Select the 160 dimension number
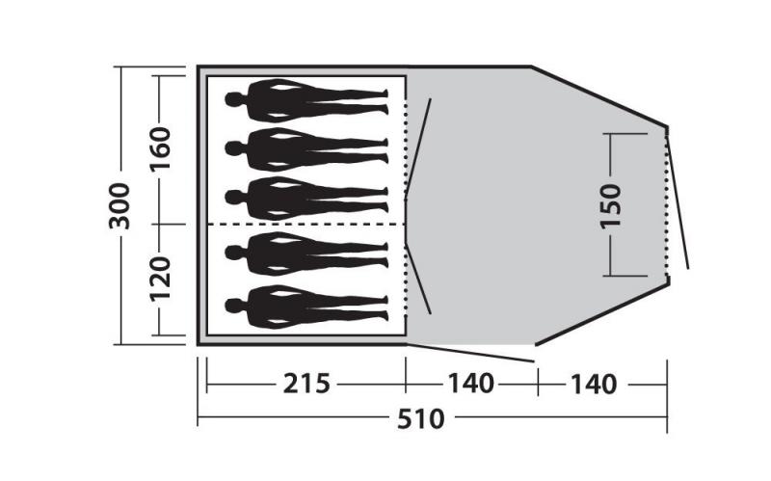pyautogui.click(x=160, y=147)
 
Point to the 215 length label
pyautogui.click(x=306, y=385)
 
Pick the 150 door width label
pyautogui.click(x=611, y=204)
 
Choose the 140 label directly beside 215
pyautogui.click(x=470, y=385)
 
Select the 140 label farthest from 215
pyautogui.click(x=593, y=385)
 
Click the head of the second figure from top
pyautogui.click(x=233, y=148)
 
